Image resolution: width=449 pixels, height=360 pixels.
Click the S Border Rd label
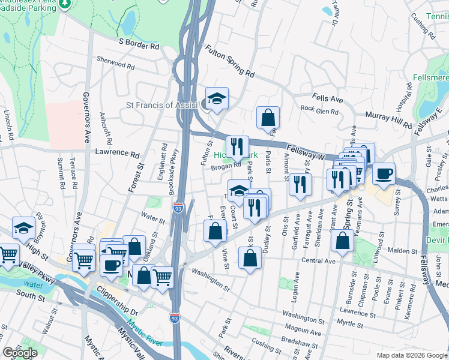(x=139, y=44)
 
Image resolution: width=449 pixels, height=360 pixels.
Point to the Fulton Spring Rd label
(x=229, y=62)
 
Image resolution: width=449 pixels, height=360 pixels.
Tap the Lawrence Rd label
(x=116, y=153)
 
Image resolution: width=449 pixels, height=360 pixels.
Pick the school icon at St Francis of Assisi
(x=217, y=98)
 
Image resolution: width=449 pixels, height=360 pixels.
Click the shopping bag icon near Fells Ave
(x=268, y=117)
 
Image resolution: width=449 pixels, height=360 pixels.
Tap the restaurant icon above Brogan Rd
(x=238, y=145)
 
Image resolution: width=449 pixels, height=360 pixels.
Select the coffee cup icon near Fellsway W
(x=384, y=173)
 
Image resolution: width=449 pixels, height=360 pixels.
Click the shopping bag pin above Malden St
(x=342, y=241)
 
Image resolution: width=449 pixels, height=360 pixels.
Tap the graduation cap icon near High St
(x=23, y=228)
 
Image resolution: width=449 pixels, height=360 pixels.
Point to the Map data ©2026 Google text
(x=411, y=355)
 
